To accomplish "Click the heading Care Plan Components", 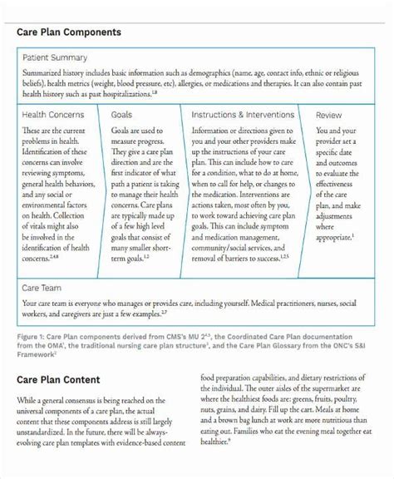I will tap(69, 32).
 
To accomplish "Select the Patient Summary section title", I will tap(55, 57).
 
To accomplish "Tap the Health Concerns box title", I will tap(53, 114).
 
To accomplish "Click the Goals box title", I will tap(123, 114).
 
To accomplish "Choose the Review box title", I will tap(329, 114).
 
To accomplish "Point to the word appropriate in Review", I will tap(332, 237).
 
